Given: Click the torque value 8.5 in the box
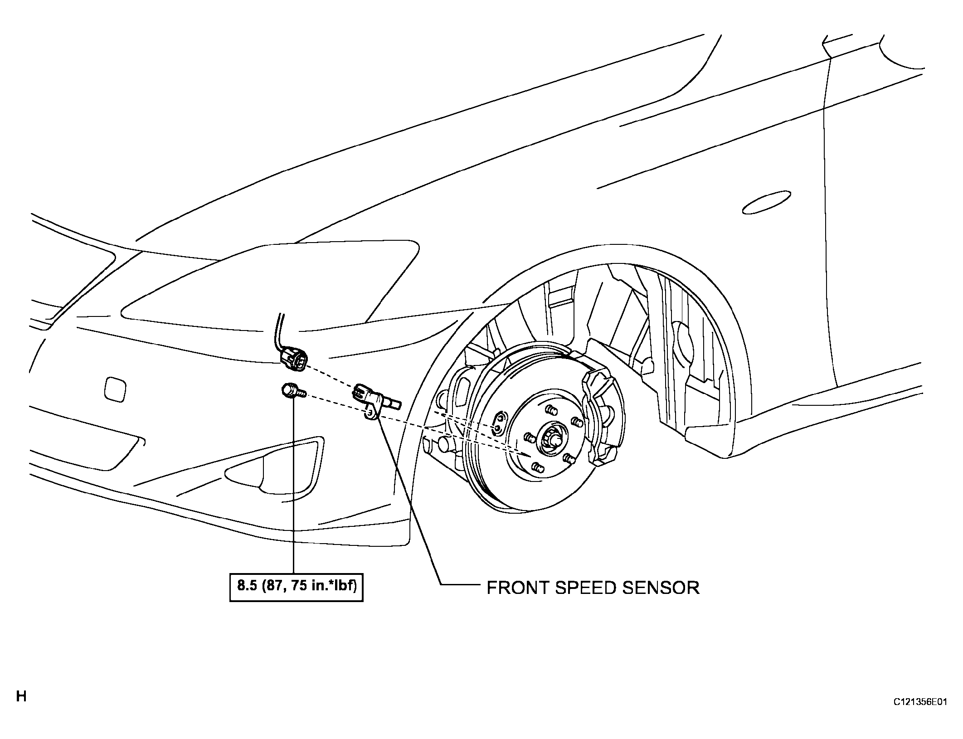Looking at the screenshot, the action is pos(248,586).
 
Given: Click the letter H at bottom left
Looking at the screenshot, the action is pos(21,696).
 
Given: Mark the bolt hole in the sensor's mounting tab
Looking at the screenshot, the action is pos(370,412).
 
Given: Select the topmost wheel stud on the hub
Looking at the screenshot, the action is pos(551,410).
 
